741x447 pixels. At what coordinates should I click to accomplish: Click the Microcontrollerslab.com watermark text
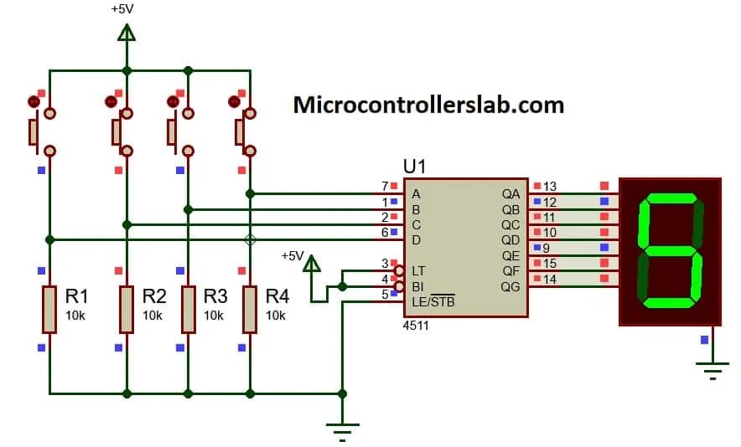[x=427, y=105]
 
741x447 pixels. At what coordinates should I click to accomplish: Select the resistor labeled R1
[x=49, y=308]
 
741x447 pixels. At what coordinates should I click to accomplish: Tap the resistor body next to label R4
[x=249, y=308]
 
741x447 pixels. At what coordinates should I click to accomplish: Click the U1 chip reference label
[x=415, y=167]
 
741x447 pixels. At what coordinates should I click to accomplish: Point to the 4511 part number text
[x=416, y=326]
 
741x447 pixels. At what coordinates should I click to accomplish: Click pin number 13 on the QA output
[x=550, y=186]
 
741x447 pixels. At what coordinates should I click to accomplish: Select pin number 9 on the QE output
[x=546, y=248]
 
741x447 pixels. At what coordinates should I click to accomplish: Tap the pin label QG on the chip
[x=510, y=286]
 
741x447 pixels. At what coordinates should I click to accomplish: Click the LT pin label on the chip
[x=419, y=270]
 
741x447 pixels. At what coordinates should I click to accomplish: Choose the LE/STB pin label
[x=433, y=301]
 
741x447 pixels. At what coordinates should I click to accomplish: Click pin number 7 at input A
[x=385, y=186]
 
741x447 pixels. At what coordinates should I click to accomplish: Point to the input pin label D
[x=416, y=240]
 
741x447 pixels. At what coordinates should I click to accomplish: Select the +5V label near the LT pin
[x=293, y=255]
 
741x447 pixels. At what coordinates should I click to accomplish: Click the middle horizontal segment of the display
[x=670, y=249]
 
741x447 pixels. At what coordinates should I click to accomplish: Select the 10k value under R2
[x=153, y=316]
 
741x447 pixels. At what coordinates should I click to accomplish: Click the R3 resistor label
[x=215, y=296]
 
